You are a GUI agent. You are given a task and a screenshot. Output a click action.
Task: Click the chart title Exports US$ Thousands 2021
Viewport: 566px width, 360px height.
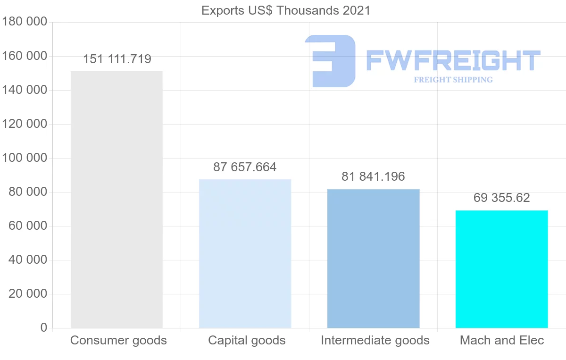286,10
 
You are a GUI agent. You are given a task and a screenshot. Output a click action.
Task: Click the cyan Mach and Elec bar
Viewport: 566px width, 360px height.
501,269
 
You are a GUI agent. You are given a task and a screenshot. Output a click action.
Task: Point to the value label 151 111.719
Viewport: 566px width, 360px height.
117,59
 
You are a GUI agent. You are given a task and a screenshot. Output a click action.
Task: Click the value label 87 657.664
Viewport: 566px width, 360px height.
245,167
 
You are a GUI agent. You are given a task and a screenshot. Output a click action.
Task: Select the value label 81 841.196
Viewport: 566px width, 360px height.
373,177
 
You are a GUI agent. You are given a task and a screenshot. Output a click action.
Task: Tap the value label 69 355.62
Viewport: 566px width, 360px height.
501,198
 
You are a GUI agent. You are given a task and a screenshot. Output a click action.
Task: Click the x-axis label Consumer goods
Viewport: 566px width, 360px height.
118,340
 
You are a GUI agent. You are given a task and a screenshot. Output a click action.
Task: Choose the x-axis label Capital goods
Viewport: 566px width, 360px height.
247,340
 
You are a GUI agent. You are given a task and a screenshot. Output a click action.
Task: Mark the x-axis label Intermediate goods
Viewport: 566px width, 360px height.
375,340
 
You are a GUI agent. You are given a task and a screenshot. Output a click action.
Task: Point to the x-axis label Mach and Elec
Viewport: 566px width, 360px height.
502,340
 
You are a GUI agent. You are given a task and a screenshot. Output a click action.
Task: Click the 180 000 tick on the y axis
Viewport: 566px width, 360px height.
25,22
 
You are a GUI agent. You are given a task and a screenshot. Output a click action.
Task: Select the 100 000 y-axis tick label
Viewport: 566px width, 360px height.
25,158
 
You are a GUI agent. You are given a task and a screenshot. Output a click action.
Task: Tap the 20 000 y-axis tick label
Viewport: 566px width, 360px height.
28,294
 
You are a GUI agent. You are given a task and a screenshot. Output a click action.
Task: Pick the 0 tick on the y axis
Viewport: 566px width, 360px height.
44,328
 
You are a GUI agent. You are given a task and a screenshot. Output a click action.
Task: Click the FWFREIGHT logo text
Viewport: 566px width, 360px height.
453,61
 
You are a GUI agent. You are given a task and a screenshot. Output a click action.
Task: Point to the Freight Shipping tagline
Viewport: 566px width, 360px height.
453,80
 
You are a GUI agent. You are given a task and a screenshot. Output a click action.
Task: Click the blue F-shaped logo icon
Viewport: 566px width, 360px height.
330,60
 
